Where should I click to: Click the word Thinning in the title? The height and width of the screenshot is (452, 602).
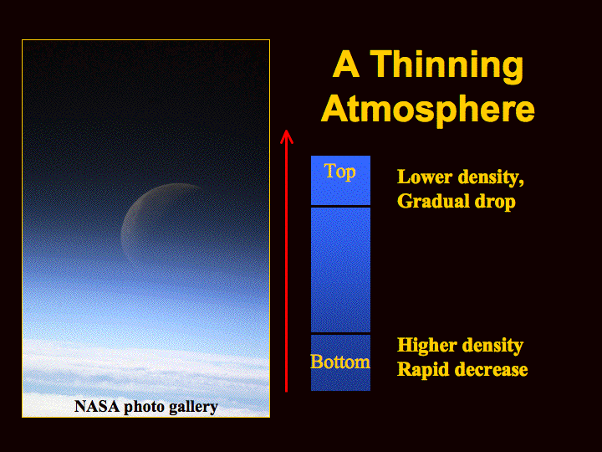coord(446,66)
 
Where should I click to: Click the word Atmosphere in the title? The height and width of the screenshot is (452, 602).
coord(428,109)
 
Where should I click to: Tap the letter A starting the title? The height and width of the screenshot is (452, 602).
coord(346,64)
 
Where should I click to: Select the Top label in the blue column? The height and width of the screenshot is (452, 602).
coord(339,172)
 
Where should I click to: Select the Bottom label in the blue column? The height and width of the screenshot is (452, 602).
coord(340,362)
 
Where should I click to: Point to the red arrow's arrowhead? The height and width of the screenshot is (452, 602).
coord(287,136)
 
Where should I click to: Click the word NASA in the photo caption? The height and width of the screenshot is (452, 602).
coord(97,406)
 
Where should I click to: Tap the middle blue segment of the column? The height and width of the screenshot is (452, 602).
coord(340,270)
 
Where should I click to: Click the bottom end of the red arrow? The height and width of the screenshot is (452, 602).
coord(287,391)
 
